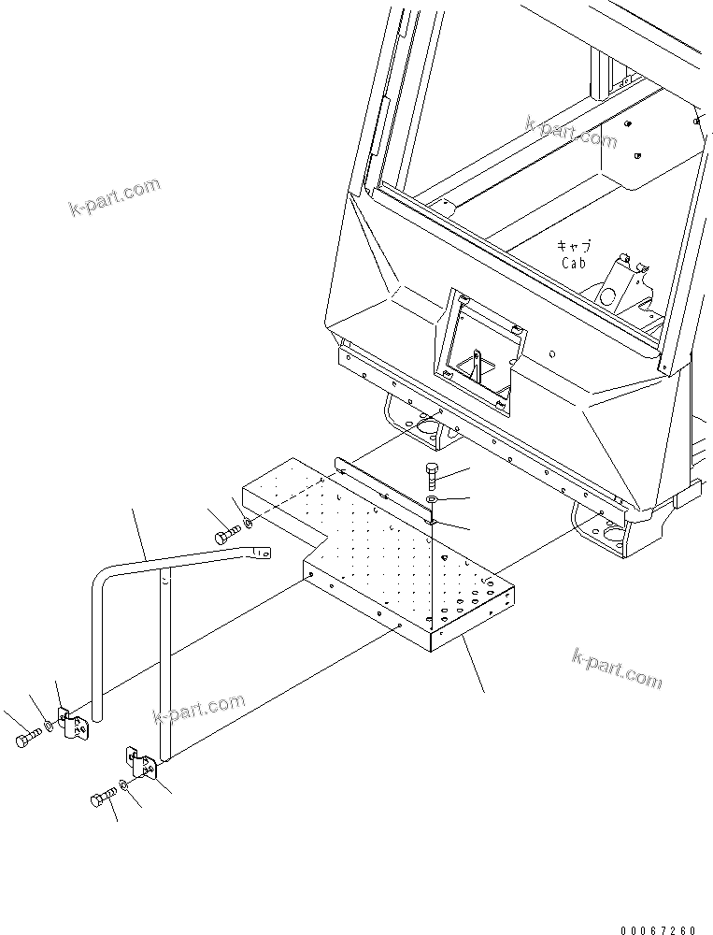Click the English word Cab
pyautogui.click(x=573, y=263)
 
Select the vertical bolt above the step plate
pyautogui.click(x=431, y=477)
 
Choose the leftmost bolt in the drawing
pyautogui.click(x=25, y=741)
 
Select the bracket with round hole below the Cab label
pyautogui.click(x=620, y=286)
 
